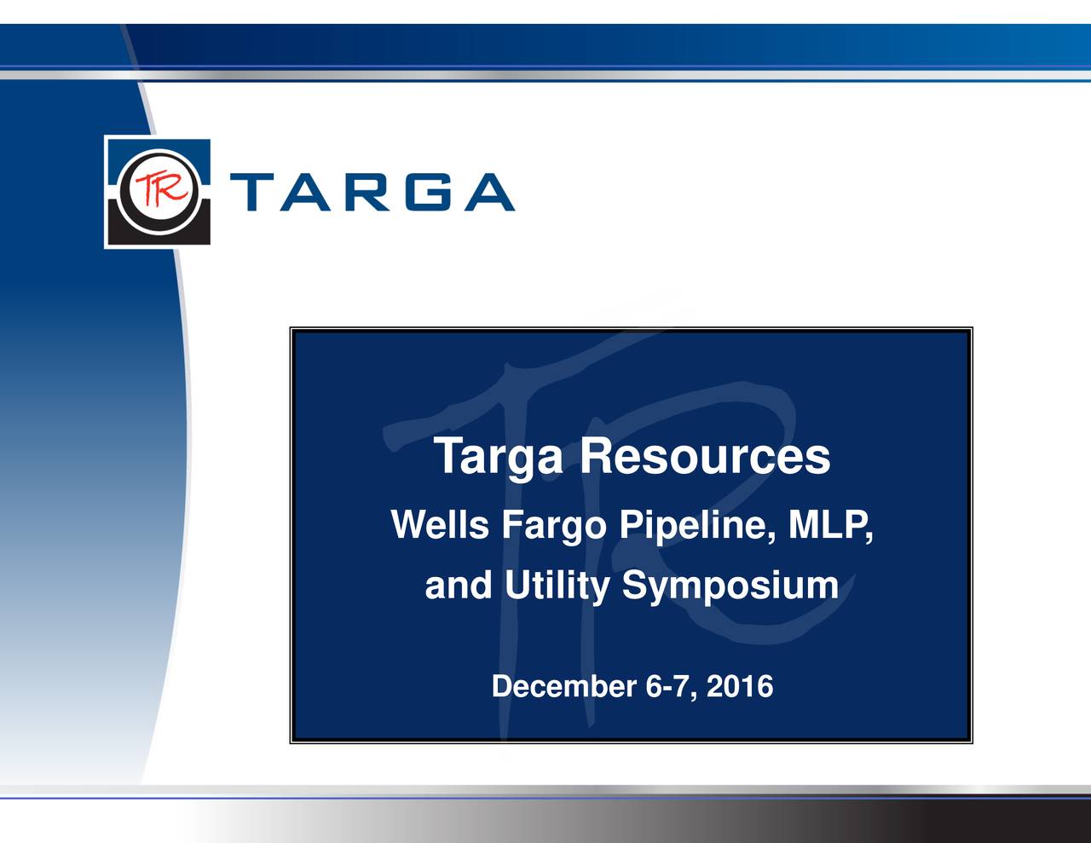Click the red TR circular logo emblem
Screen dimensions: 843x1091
click(x=158, y=192)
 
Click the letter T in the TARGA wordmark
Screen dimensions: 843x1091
click(x=252, y=192)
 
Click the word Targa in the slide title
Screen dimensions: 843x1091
click(x=499, y=457)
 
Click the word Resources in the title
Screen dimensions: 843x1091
click(x=705, y=457)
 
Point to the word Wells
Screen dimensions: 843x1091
click(x=440, y=524)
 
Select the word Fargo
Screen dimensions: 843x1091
click(x=553, y=526)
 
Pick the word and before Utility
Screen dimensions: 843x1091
click(x=459, y=586)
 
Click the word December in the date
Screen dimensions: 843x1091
click(x=564, y=687)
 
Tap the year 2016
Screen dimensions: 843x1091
click(x=740, y=687)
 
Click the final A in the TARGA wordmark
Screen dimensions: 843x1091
click(x=488, y=192)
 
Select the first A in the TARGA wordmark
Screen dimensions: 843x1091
click(x=309, y=192)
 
